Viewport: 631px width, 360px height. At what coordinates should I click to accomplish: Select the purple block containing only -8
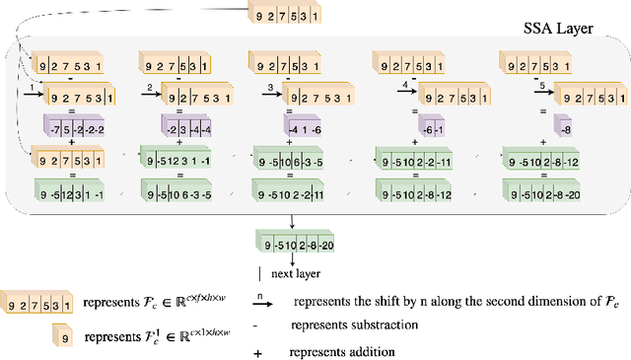[561, 127]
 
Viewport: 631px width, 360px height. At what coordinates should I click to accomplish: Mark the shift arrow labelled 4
[405, 91]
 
